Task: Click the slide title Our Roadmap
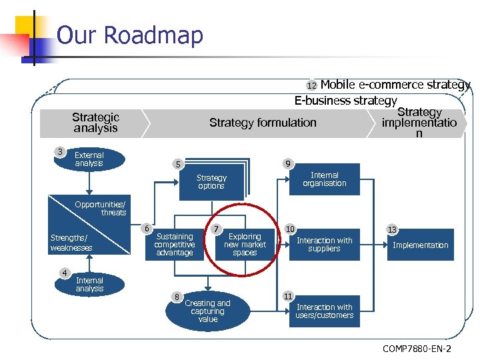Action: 130,35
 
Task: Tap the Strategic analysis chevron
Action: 95,123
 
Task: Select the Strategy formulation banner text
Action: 263,123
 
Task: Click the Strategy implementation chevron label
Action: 419,123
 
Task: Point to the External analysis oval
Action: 89,159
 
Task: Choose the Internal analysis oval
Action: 89,285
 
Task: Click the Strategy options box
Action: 211,182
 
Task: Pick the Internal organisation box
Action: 325,179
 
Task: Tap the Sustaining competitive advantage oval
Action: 175,245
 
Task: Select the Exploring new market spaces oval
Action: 245,245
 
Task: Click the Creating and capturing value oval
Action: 207,311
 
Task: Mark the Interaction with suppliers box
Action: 325,245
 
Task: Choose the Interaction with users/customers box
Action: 325,311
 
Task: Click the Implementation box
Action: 420,245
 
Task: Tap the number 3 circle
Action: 60,152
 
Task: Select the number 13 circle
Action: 392,230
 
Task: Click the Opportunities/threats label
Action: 101,208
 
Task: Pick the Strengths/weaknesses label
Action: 71,243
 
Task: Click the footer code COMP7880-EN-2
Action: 417,348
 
